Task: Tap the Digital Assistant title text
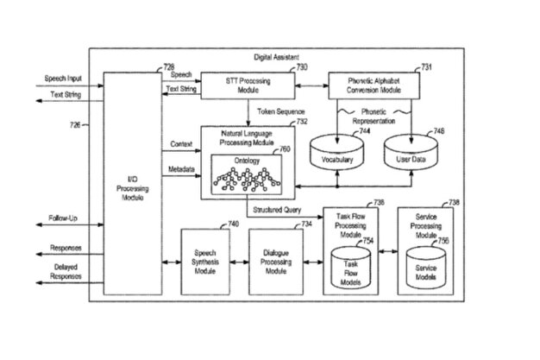276,56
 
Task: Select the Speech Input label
62,80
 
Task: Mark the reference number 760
285,149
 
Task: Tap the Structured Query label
278,209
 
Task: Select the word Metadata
181,170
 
